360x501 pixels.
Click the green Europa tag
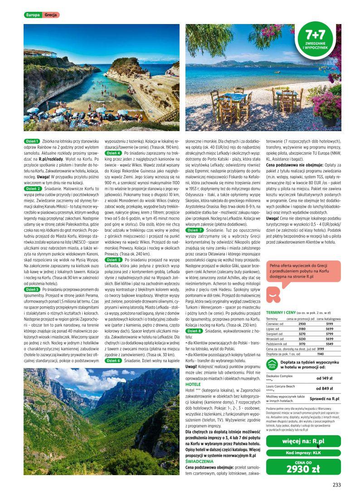33,15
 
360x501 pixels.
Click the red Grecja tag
51,15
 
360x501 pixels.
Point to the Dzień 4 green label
113,153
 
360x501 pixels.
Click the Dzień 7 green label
195,231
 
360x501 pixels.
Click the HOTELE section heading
193,384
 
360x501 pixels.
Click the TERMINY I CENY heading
281,313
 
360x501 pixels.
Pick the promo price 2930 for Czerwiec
302,324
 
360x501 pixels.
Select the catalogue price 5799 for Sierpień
330,334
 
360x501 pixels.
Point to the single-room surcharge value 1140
320,353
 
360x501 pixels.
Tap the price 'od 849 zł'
325,388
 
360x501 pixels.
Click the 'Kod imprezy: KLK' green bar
303,453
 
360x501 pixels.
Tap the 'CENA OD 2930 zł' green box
303,467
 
